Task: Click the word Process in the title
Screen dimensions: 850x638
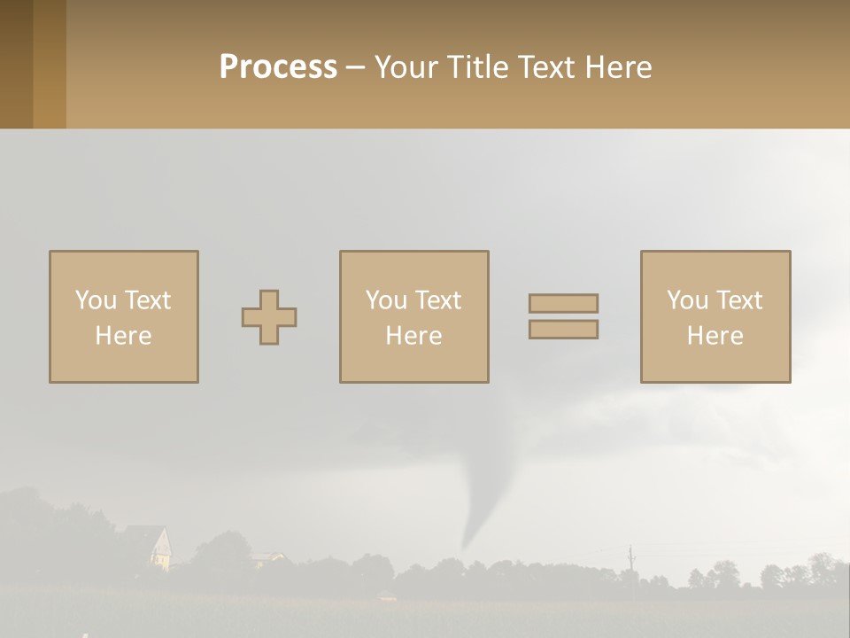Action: click(x=278, y=66)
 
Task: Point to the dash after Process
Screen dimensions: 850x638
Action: click(x=355, y=67)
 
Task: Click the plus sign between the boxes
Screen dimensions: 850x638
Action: click(x=269, y=317)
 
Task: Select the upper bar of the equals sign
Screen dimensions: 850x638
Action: click(x=563, y=303)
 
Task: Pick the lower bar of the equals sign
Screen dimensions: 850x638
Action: click(x=563, y=330)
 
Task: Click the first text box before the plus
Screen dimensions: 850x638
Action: click(x=123, y=316)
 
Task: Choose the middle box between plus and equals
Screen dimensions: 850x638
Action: click(x=413, y=316)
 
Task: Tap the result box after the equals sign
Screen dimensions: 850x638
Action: click(x=715, y=316)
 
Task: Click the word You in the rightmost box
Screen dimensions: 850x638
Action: click(x=687, y=300)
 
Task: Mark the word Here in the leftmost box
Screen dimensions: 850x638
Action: click(x=123, y=336)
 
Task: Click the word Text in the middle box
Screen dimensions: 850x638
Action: click(x=437, y=300)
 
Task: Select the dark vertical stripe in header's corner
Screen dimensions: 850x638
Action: click(x=16, y=64)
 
